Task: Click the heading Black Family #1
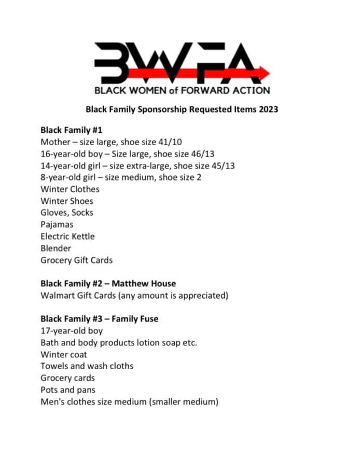71,130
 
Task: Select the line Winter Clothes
70,189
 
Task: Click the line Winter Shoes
66,201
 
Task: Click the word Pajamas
57,225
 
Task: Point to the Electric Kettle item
67,236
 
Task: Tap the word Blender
56,248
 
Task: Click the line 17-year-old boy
72,331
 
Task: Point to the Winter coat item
64,355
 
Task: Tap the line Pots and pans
67,390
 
